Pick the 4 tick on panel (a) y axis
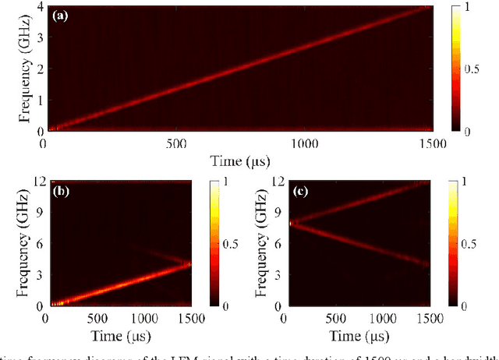coord(37,7)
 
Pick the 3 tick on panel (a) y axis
coord(37,38)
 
